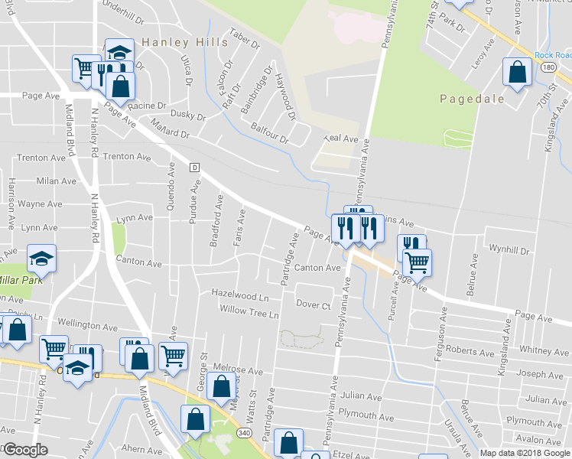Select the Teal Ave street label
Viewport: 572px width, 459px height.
pyautogui.click(x=341, y=138)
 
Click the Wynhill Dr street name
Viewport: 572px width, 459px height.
pyautogui.click(x=509, y=250)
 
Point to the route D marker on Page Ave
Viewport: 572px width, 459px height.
pyautogui.click(x=195, y=167)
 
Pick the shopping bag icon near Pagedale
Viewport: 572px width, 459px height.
pyautogui.click(x=517, y=73)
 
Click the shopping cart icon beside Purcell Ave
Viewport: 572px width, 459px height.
pyautogui.click(x=417, y=263)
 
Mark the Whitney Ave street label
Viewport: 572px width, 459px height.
pyautogui.click(x=544, y=350)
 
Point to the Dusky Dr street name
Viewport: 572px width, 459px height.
pyautogui.click(x=188, y=117)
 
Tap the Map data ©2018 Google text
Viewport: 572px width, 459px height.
pyautogui.click(x=524, y=452)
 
